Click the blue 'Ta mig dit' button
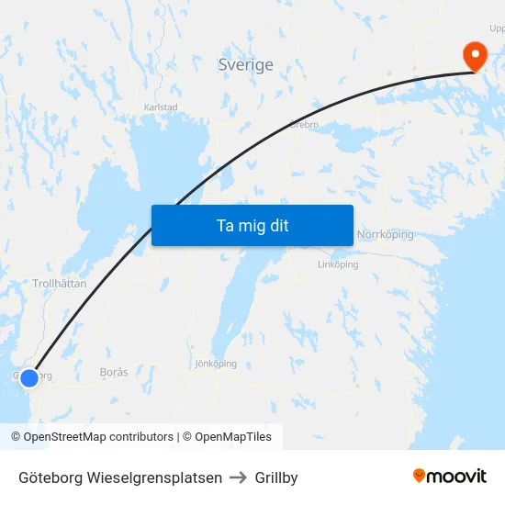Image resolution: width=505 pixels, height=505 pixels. (x=252, y=225)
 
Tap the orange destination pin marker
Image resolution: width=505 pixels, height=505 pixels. (x=476, y=56)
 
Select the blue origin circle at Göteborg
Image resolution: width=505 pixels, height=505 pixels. (x=29, y=377)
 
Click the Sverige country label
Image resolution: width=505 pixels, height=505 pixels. (x=245, y=64)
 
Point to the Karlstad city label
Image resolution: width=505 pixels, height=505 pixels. (x=161, y=107)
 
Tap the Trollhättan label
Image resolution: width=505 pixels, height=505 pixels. (x=60, y=284)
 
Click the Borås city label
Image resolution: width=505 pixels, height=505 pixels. (x=114, y=373)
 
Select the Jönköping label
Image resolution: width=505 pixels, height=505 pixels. (x=216, y=364)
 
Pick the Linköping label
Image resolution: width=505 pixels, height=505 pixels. (x=337, y=264)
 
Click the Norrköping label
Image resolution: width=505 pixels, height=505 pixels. (x=386, y=235)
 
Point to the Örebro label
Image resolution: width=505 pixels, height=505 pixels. (x=303, y=123)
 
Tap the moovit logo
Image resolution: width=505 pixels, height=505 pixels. (x=450, y=477)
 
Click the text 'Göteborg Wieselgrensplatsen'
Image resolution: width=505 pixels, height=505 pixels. (x=120, y=477)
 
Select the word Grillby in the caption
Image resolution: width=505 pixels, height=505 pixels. (x=276, y=477)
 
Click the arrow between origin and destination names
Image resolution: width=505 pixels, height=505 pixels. (x=239, y=477)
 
